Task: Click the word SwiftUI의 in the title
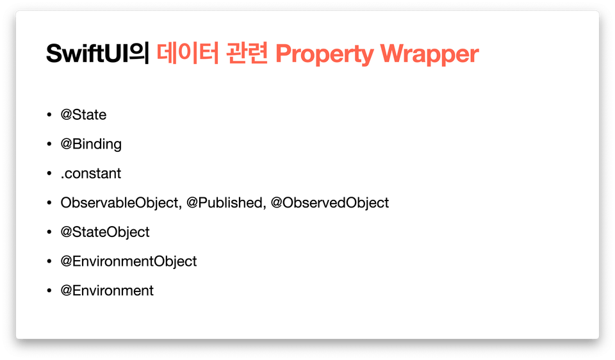click(97, 53)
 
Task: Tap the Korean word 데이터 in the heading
click(188, 53)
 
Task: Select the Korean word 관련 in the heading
click(247, 53)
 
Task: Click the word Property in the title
click(324, 54)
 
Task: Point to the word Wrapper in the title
click(429, 54)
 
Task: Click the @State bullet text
click(83, 115)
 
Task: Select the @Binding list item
click(91, 144)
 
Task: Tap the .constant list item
click(91, 174)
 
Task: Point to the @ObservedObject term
click(329, 203)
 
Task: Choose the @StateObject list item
click(104, 232)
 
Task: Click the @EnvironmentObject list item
click(129, 261)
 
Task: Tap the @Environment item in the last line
click(107, 291)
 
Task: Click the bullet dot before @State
click(49, 115)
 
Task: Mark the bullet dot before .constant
click(49, 173)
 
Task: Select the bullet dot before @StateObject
click(49, 232)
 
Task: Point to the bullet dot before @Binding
click(49, 144)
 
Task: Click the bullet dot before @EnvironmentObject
click(49, 261)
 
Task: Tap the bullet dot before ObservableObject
click(49, 202)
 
